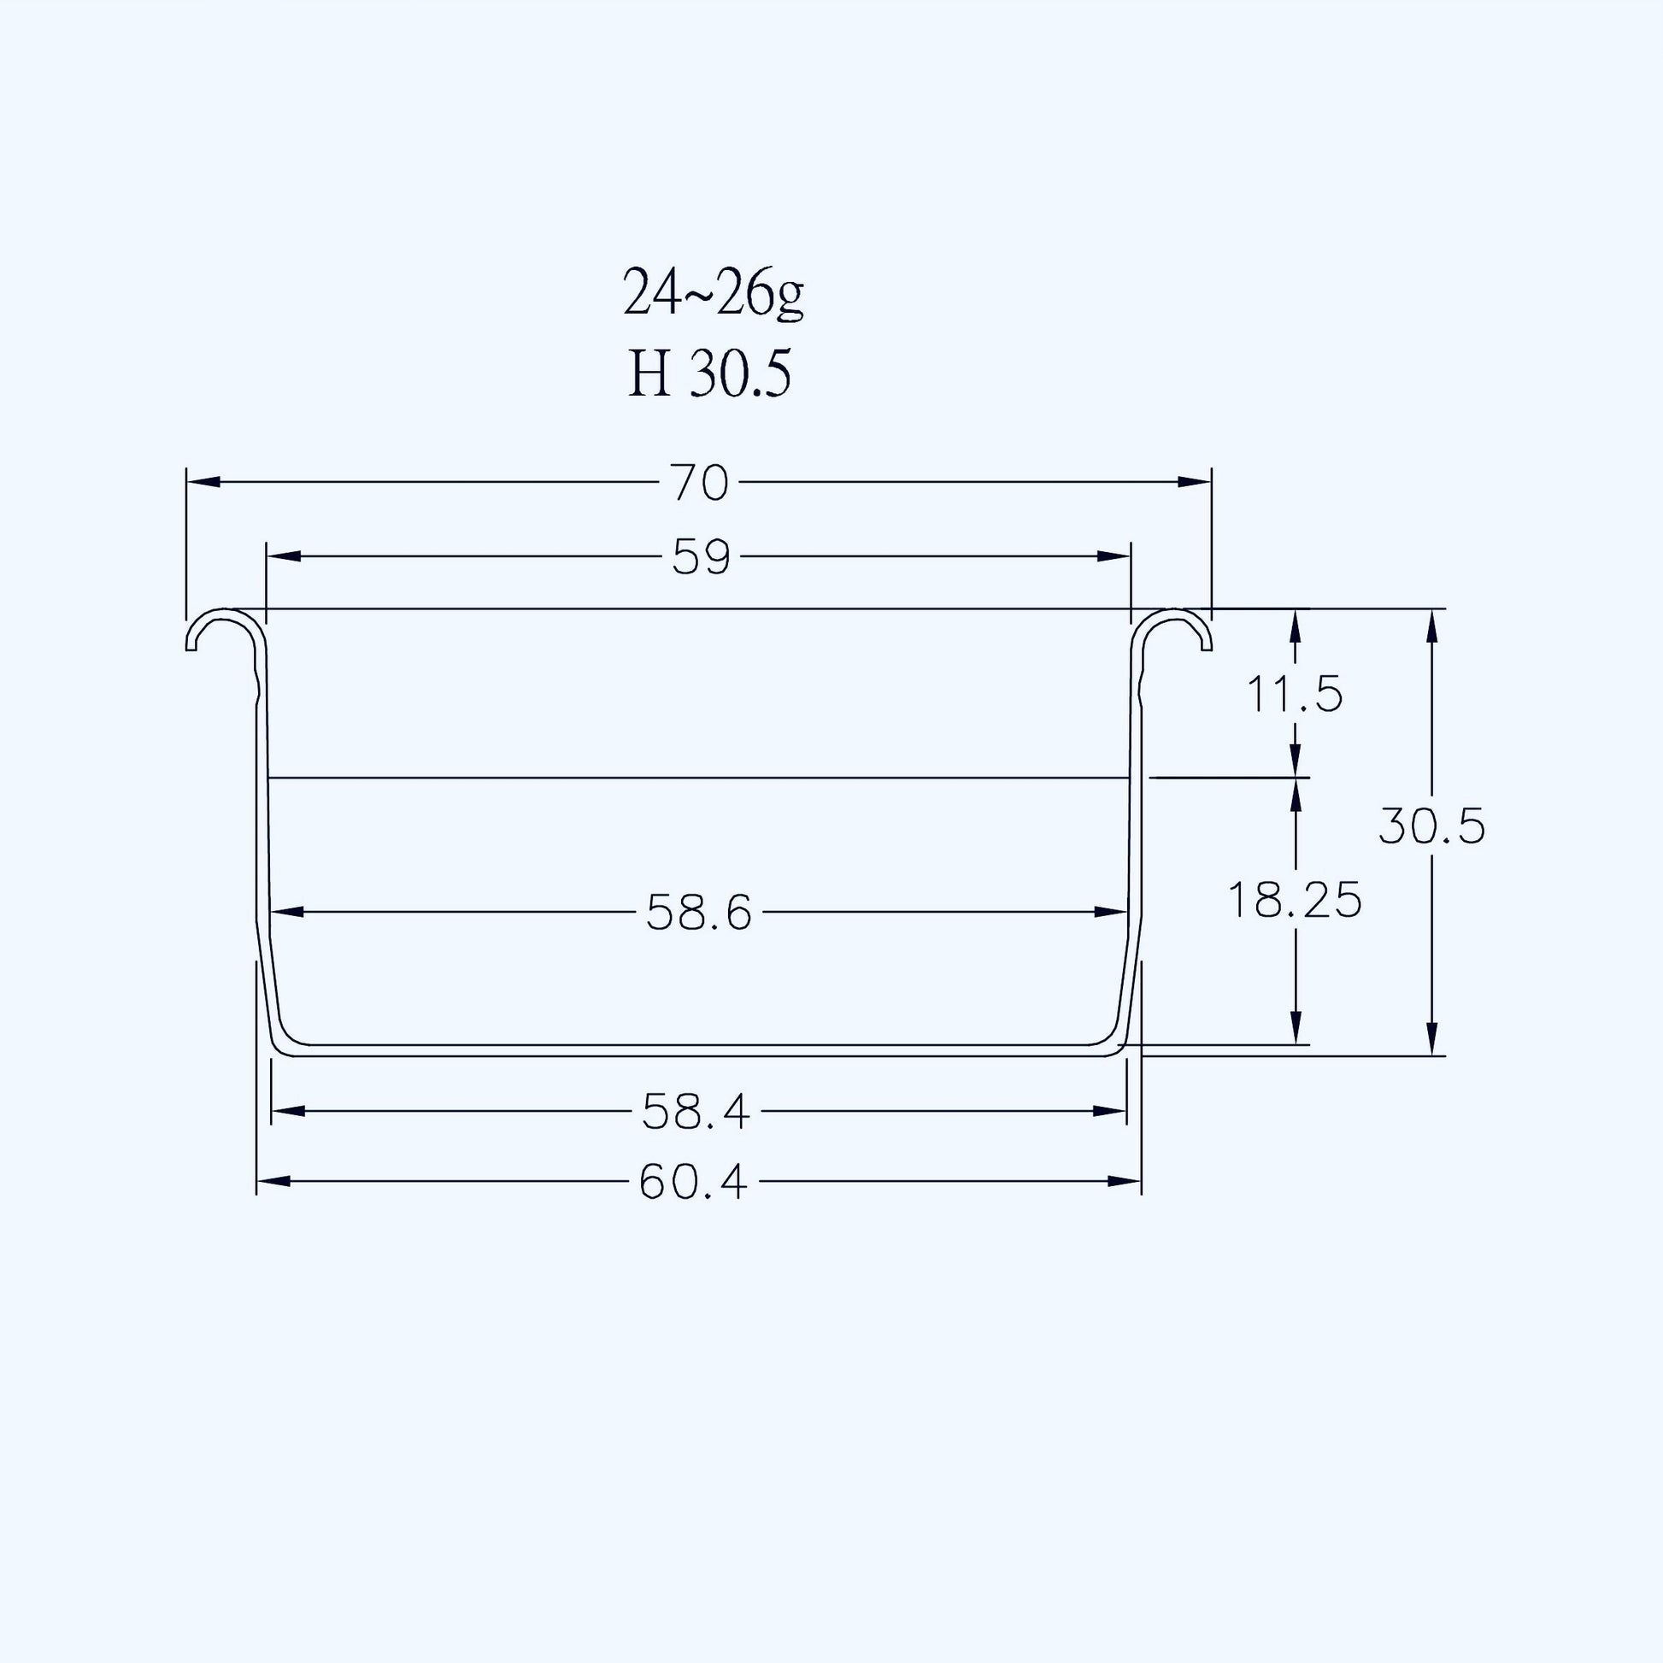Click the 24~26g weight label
713,294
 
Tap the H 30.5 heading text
708,375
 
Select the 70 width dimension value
701,482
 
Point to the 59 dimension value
701,557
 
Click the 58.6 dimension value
699,913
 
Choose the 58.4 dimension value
696,1111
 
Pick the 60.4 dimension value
694,1182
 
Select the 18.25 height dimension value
1294,901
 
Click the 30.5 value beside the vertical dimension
1432,827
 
